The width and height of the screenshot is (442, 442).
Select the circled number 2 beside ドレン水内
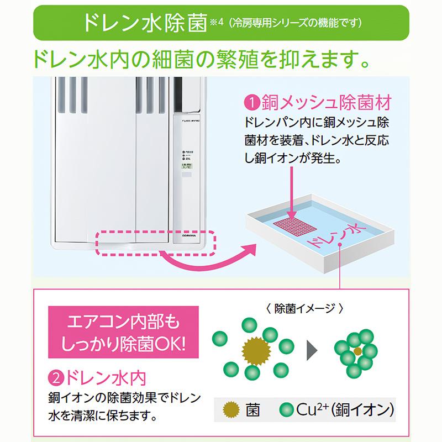57,379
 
